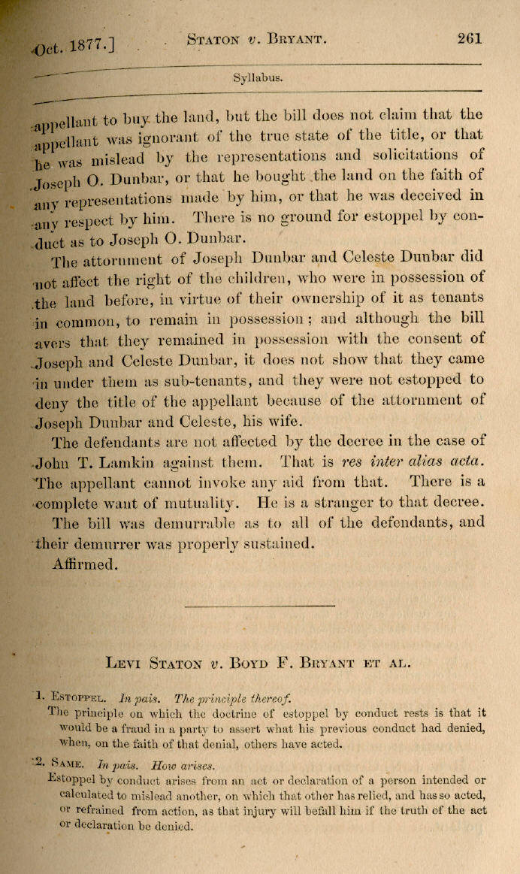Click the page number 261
468,40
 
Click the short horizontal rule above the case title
247,605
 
